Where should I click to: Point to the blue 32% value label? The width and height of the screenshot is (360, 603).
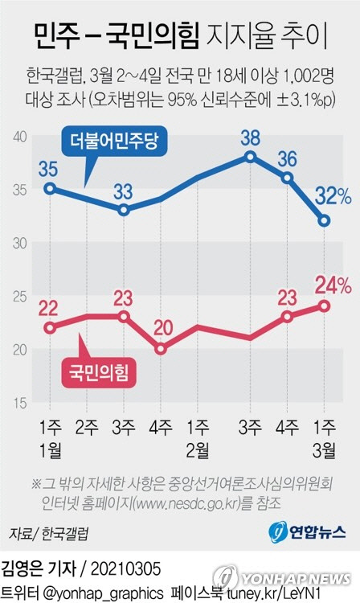click(332, 197)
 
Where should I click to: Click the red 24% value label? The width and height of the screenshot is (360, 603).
click(332, 284)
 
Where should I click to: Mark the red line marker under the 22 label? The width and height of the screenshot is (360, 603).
click(51, 327)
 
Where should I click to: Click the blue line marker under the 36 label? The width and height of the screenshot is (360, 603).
click(287, 177)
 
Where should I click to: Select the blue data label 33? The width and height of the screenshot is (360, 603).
click(123, 191)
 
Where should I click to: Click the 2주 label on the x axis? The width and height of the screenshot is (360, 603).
click(87, 425)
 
